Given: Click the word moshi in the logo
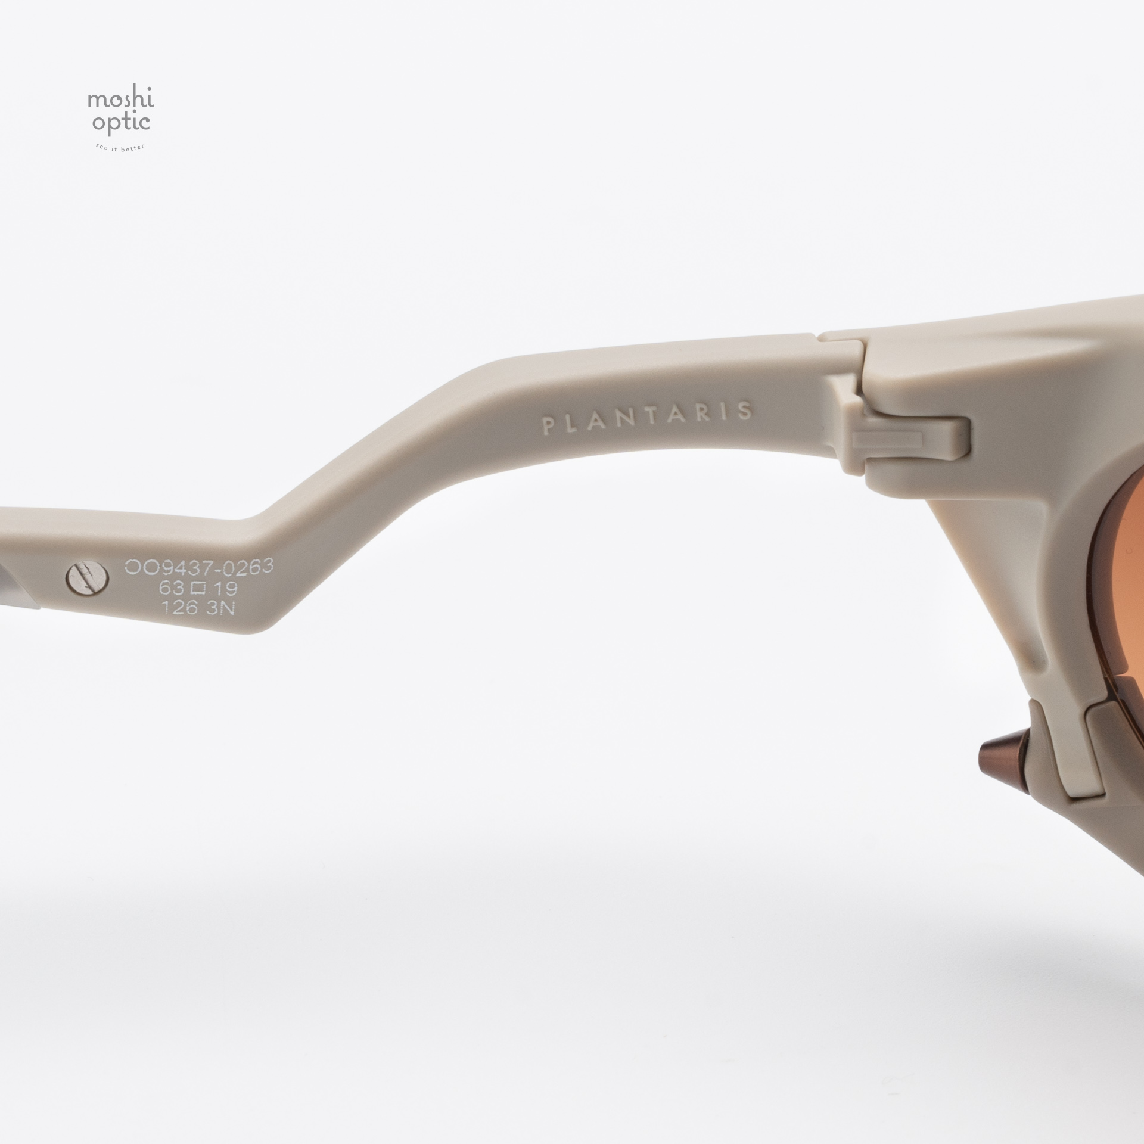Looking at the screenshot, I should [121, 100].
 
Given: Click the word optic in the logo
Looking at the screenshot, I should [119, 123].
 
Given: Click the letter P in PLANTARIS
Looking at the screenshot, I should [544, 427].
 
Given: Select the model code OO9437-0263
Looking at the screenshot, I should [198, 566].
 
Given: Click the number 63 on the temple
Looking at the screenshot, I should [166, 589].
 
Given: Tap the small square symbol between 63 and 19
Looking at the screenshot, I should [198, 589].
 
